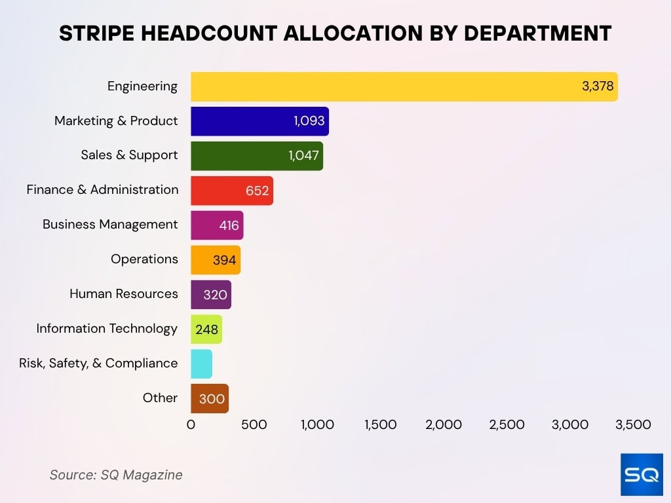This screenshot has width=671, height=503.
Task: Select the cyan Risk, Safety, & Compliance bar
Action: click(201, 363)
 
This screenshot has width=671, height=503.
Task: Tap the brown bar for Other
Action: click(210, 398)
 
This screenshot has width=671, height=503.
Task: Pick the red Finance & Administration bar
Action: click(223, 191)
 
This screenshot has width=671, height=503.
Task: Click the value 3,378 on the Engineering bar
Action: click(598, 86)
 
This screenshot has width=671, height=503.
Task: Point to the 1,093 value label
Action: click(309, 121)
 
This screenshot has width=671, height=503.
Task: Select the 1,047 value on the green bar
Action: click(303, 156)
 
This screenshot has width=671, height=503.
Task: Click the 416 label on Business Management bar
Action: click(230, 225)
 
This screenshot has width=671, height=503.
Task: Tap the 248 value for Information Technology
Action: click(206, 329)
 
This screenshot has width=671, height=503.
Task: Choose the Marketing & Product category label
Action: click(116, 121)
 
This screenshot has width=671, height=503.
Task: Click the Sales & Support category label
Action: click(129, 155)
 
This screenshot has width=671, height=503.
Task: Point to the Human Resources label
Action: click(124, 293)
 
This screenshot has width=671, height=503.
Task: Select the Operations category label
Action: click(144, 259)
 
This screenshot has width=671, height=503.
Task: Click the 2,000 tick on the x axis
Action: click(444, 424)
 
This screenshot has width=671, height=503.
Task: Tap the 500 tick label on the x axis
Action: click(254, 424)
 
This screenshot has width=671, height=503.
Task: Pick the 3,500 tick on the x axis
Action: click(633, 424)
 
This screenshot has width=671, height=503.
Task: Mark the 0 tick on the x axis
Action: click(191, 424)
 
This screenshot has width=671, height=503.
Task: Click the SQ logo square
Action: click(642, 474)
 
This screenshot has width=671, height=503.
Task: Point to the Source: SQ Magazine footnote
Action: click(116, 475)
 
